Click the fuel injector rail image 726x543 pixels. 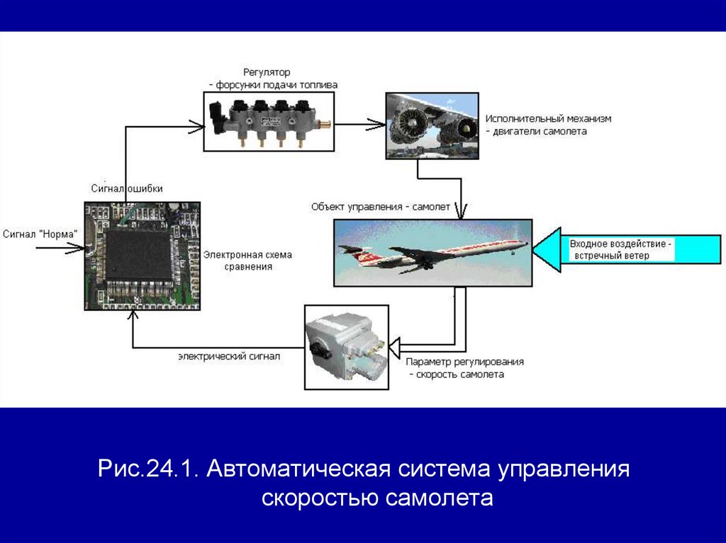269,121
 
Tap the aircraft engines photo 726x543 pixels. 431,125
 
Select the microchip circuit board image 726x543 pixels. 142,255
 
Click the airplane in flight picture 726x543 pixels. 433,253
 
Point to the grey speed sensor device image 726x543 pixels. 346,347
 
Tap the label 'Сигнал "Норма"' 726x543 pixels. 40,234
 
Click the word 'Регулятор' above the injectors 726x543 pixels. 267,72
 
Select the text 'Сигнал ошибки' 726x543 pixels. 127,188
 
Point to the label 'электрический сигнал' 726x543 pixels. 229,357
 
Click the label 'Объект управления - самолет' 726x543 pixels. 380,207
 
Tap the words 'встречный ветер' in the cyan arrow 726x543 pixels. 609,256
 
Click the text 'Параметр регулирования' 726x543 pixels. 465,362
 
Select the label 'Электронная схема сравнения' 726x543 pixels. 247,261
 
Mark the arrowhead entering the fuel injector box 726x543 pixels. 196,127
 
